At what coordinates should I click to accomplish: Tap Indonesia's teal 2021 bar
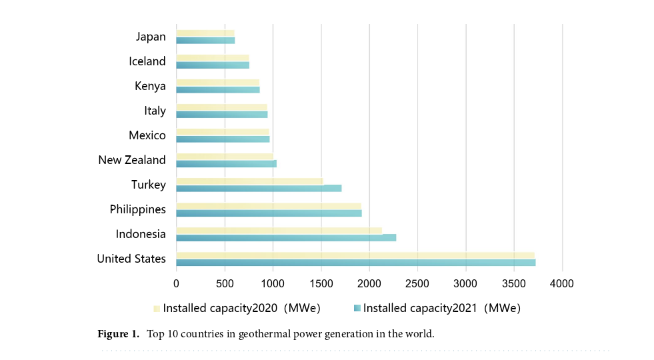[286, 238]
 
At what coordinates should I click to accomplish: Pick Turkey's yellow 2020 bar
[249, 181]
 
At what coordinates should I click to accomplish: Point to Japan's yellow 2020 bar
[205, 33]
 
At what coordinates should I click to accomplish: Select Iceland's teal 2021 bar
[213, 65]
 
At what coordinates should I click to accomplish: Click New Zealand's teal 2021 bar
[226, 163]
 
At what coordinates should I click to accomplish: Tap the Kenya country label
[150, 86]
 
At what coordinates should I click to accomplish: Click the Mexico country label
[147, 135]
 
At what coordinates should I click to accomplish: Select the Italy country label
[155, 111]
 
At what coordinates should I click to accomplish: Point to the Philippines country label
[138, 209]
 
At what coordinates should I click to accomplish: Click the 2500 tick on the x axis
[417, 283]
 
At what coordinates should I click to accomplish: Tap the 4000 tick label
[562, 283]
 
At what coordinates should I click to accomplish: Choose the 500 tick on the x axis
[225, 283]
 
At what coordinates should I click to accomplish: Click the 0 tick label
[176, 283]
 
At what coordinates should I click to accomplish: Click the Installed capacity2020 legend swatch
[157, 309]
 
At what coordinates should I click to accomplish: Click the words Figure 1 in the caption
[118, 334]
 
